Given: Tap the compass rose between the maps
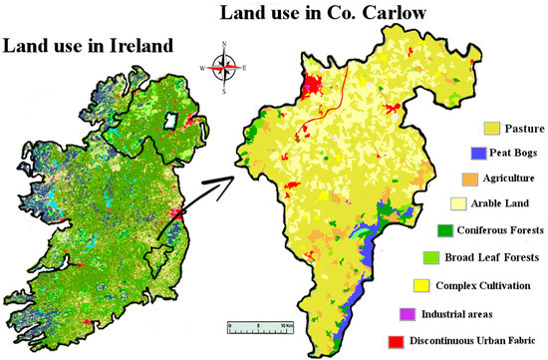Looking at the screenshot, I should (x=227, y=66).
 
